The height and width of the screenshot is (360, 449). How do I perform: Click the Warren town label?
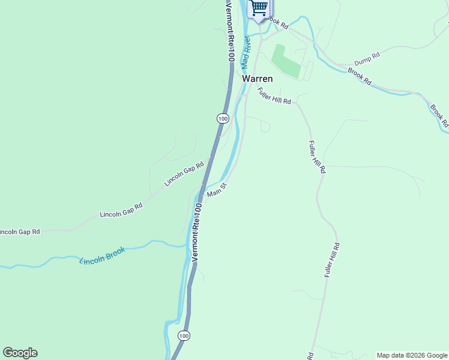(x=257, y=79)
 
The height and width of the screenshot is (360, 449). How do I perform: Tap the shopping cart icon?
(x=259, y=8)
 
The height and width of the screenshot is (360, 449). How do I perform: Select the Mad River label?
(x=245, y=52)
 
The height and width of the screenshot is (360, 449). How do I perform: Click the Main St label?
(x=216, y=191)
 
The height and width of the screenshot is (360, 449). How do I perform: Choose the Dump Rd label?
(x=367, y=59)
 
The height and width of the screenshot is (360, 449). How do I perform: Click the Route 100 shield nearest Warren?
(x=223, y=119)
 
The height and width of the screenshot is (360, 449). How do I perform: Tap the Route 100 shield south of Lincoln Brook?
(x=184, y=335)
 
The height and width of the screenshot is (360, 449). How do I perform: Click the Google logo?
(x=20, y=353)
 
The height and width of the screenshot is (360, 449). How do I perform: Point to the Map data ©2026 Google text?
(x=412, y=355)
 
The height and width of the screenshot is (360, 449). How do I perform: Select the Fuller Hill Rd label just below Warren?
(x=274, y=97)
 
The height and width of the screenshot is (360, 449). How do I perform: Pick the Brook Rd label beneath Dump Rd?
(x=360, y=76)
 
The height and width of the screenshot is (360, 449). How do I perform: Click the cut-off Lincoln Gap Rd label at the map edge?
(x=19, y=232)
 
